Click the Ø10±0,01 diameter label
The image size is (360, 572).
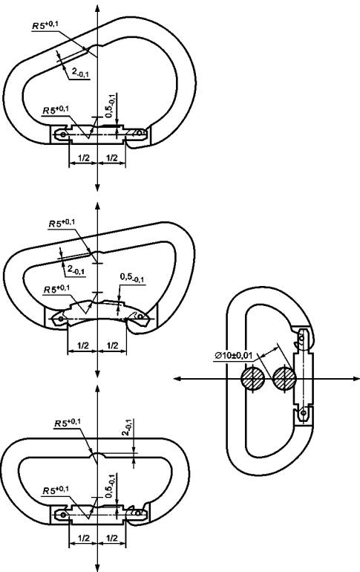pyautogui.click(x=234, y=355)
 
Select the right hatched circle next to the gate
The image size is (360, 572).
pyautogui.click(x=284, y=378)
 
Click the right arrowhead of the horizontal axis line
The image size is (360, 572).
pyautogui.click(x=356, y=379)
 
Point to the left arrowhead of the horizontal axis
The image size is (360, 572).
pyautogui.click(x=177, y=379)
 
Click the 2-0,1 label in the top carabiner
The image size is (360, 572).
pyautogui.click(x=80, y=74)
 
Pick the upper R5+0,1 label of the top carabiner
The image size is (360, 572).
pyautogui.click(x=45, y=25)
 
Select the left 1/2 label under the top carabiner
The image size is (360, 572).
pyautogui.click(x=84, y=157)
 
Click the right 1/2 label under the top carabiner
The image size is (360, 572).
pyautogui.click(x=112, y=157)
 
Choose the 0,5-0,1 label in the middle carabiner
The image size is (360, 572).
pyautogui.click(x=132, y=278)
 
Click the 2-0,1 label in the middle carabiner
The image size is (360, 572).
pyautogui.click(x=76, y=270)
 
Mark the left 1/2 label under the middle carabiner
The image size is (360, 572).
pyautogui.click(x=83, y=345)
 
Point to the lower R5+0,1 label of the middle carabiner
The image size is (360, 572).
pyautogui.click(x=57, y=289)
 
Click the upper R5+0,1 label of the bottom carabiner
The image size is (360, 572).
pyautogui.click(x=68, y=423)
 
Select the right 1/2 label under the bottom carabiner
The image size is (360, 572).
pyautogui.click(x=112, y=538)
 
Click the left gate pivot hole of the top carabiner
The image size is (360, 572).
pyautogui.click(x=63, y=134)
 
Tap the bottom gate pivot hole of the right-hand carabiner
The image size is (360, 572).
pyautogui.click(x=302, y=412)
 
